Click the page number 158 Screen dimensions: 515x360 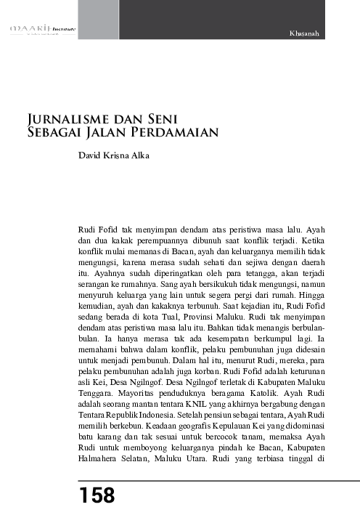[97, 496]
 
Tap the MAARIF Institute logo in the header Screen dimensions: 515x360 [42, 30]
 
